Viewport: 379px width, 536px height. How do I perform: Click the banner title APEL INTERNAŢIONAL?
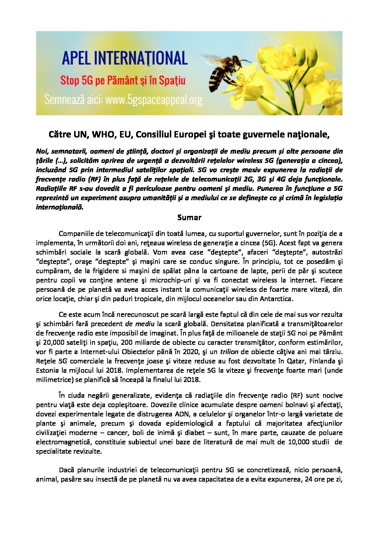(x=125, y=58)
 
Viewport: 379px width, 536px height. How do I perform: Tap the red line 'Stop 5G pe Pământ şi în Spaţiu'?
(x=123, y=80)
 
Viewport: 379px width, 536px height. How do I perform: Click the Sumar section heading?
(x=189, y=217)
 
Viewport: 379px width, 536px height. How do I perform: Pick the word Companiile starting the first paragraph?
(x=76, y=234)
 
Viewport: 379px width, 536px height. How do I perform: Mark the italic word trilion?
(x=229, y=352)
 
